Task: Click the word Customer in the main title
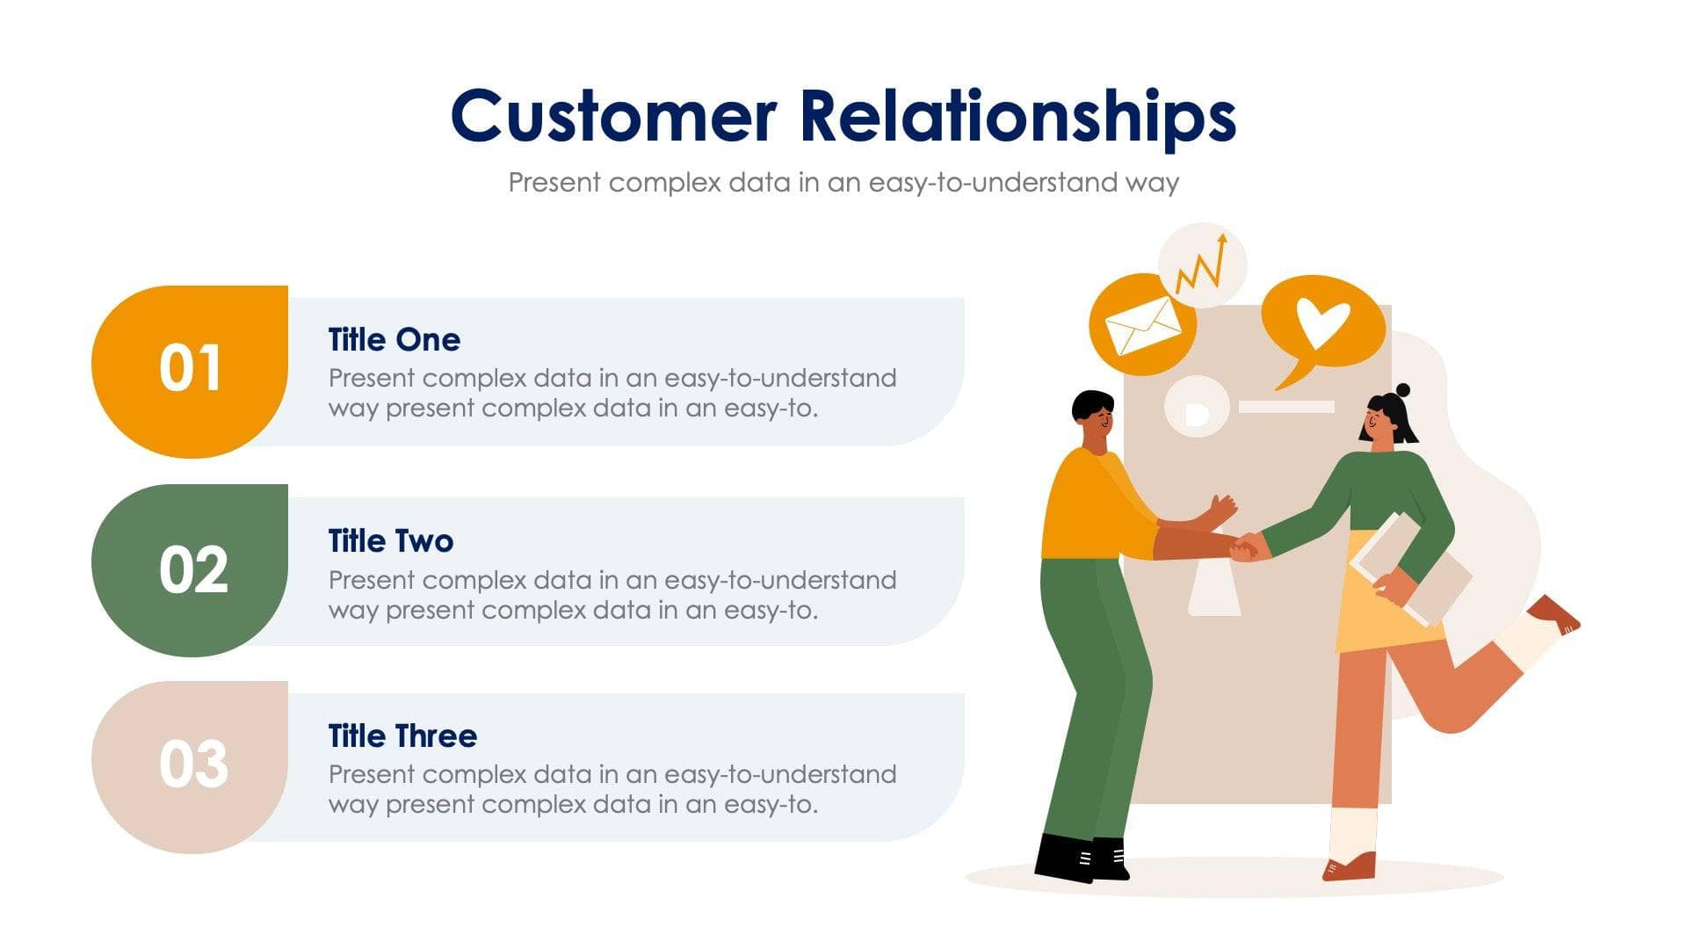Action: (613, 116)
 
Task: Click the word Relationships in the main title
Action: (1017, 118)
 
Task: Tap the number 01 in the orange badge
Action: (190, 368)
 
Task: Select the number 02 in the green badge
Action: (193, 570)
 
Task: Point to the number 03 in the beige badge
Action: (193, 764)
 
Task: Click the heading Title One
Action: (394, 340)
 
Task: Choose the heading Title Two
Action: (390, 541)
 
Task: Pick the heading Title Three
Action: (402, 736)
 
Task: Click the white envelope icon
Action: (1142, 326)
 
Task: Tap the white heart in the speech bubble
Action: (1322, 321)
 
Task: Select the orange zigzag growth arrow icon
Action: (1202, 264)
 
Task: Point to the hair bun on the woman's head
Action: (1402, 390)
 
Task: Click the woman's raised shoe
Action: (1555, 614)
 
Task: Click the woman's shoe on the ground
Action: (1350, 866)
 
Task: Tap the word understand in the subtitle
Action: (1046, 183)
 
